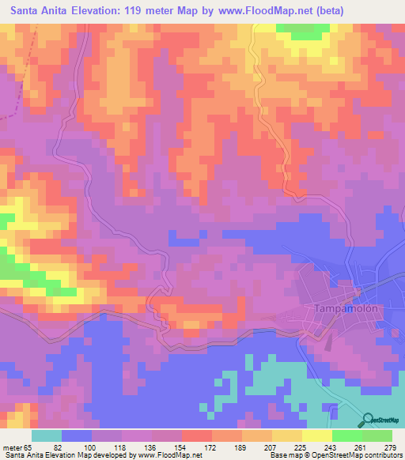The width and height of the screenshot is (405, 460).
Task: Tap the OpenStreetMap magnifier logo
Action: [x=367, y=420]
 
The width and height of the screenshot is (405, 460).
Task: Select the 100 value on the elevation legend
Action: [x=93, y=447]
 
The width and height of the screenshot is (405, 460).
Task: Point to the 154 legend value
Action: [x=181, y=447]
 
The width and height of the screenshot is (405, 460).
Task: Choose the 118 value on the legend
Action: [x=123, y=447]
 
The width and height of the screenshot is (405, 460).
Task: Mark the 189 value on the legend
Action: [x=240, y=447]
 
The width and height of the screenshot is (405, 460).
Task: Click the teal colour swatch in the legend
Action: [x=47, y=435]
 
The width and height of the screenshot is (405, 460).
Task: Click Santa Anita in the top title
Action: [x=44, y=12]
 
